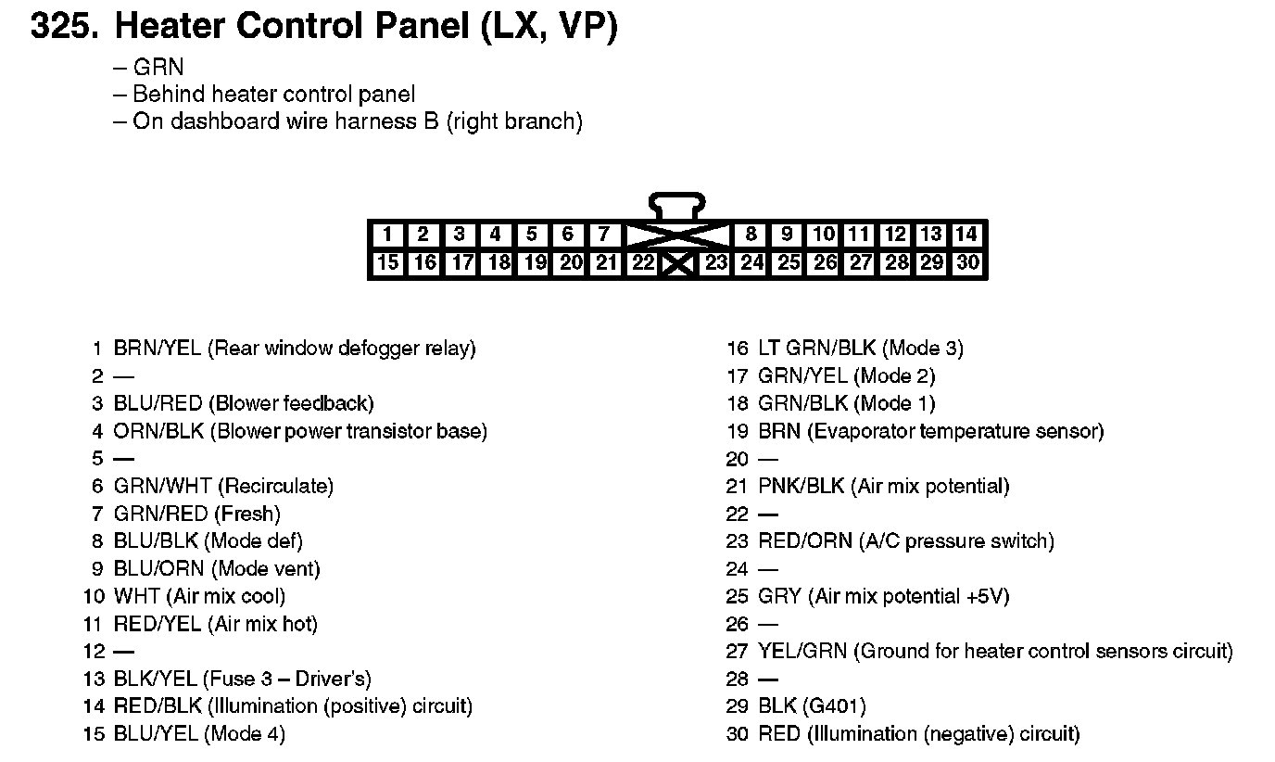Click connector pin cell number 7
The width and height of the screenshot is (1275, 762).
click(x=604, y=235)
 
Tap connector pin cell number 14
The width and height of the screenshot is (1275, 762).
click(x=967, y=235)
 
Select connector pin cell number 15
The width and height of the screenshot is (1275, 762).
click(x=388, y=263)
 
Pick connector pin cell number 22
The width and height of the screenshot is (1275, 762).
click(x=642, y=263)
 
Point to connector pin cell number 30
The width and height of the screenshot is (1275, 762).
click(x=967, y=263)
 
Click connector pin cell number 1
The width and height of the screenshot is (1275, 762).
click(x=387, y=235)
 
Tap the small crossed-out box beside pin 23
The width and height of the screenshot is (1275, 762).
click(x=678, y=264)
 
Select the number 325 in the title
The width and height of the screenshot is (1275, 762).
click(x=64, y=27)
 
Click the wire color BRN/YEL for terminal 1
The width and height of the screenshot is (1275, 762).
click(x=157, y=349)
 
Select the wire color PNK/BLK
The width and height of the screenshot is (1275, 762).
click(x=802, y=486)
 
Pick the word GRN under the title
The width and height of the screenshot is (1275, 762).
click(x=158, y=68)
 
